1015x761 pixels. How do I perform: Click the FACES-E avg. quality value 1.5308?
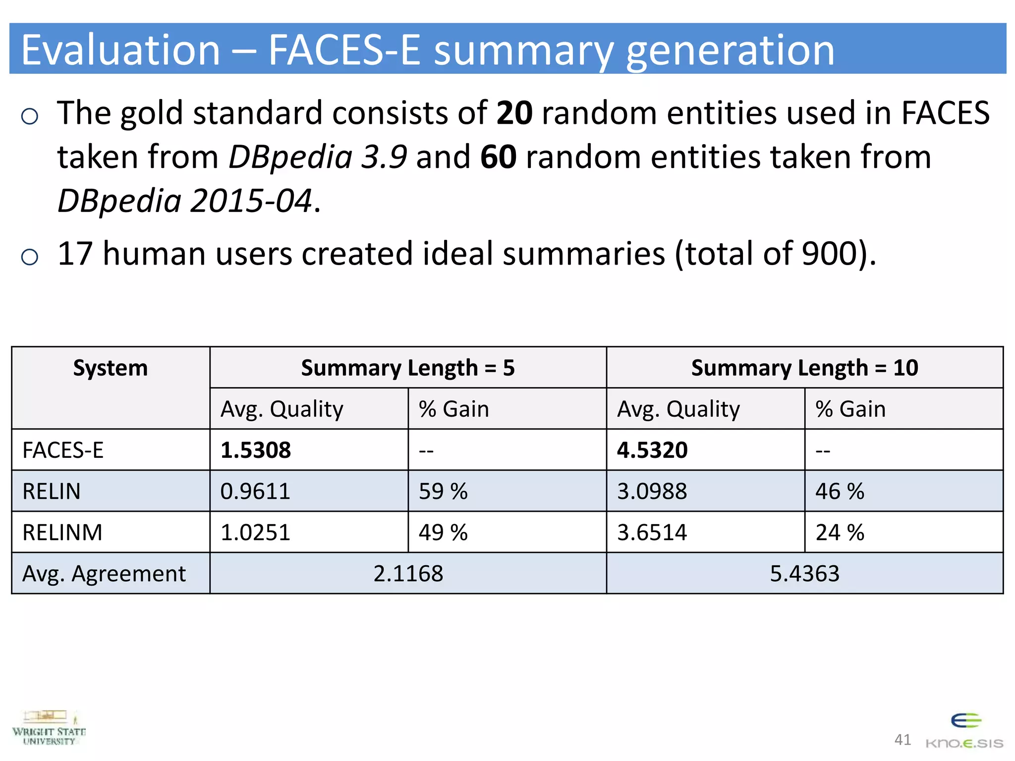(256, 450)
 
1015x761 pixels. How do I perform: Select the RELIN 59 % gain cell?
(443, 491)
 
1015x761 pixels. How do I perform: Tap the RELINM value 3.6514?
(652, 532)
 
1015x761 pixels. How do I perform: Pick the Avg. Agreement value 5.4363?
(804, 573)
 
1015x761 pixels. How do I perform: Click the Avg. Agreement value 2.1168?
(408, 573)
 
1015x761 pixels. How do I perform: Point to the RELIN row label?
(52, 491)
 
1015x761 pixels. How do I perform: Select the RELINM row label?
(62, 532)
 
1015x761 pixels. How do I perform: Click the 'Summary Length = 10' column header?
(804, 368)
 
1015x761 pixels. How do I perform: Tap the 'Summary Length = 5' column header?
(408, 368)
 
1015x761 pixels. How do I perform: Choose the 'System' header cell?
(110, 368)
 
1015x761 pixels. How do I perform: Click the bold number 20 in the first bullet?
(514, 113)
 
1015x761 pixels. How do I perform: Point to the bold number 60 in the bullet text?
(498, 157)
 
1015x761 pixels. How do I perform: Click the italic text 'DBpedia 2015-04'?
(185, 201)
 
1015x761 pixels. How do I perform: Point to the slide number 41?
(902, 740)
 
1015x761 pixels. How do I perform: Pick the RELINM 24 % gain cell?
(840, 532)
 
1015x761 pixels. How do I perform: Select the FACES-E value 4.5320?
(652, 450)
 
